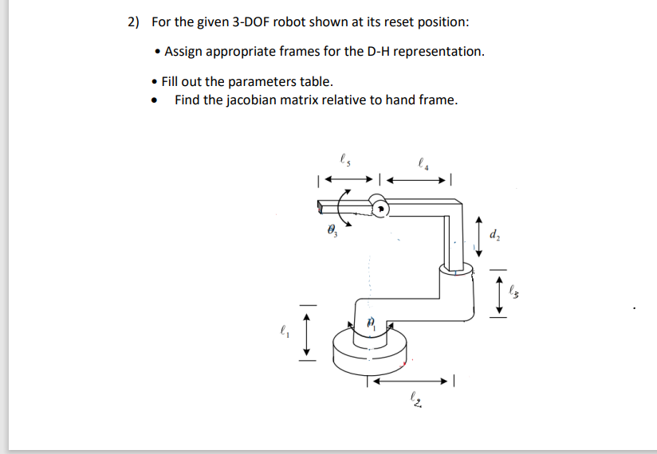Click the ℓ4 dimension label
423,165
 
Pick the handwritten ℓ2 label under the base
415,398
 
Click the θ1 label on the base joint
371,323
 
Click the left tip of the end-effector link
321,208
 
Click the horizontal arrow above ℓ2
411,382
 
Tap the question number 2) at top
133,22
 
